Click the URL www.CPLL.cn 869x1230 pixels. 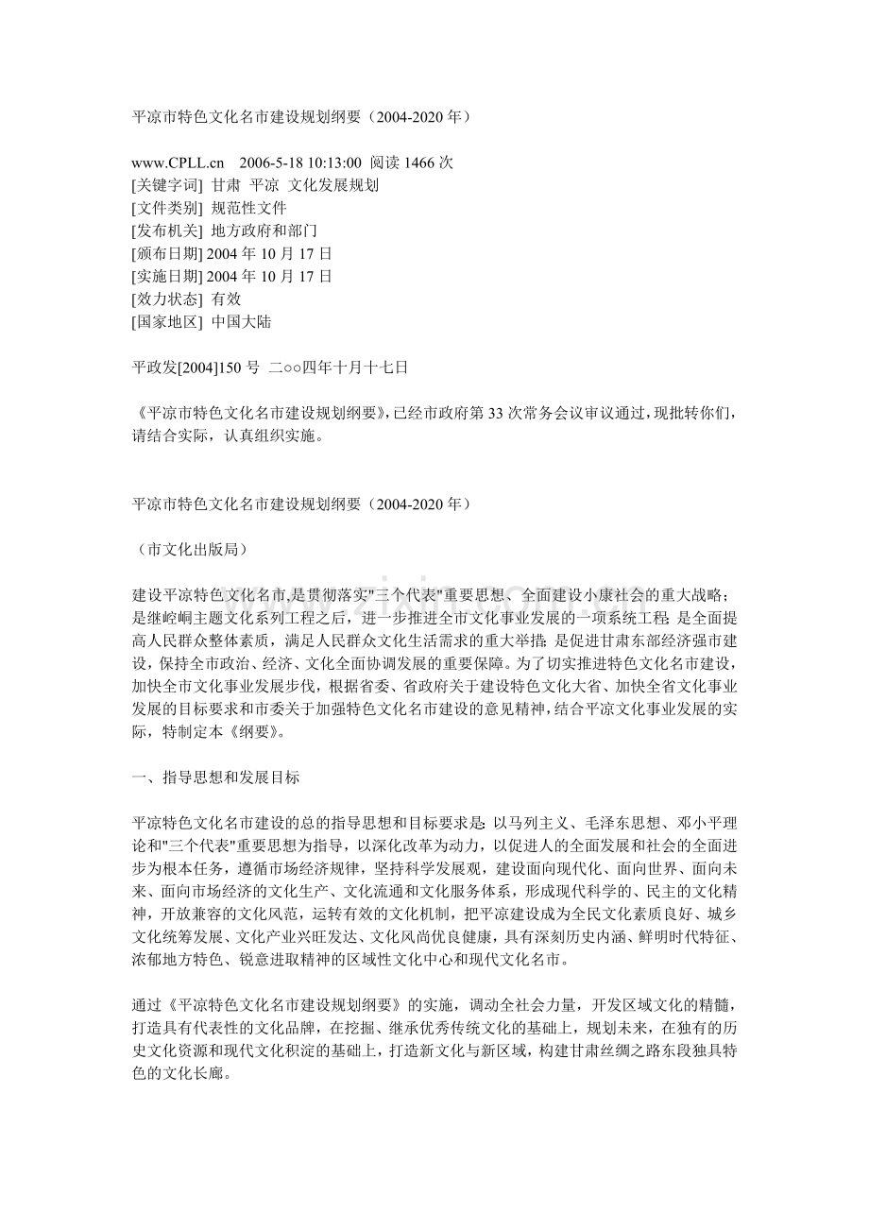pyautogui.click(x=178, y=162)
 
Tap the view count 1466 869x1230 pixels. pyautogui.click(x=421, y=162)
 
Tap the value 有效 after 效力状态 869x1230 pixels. pyautogui.click(x=227, y=299)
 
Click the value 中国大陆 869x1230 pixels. pyautogui.click(x=242, y=321)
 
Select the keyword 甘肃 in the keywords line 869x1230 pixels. pyautogui.click(x=226, y=185)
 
